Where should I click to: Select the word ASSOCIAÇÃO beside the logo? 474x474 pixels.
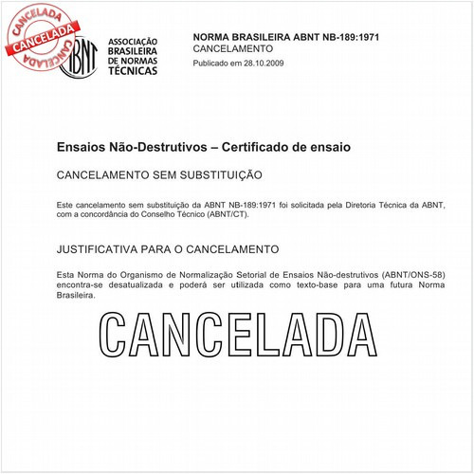click(134, 43)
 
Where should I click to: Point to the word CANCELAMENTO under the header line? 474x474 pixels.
click(232, 47)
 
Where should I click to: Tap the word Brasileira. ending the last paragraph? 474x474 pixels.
click(77, 295)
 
